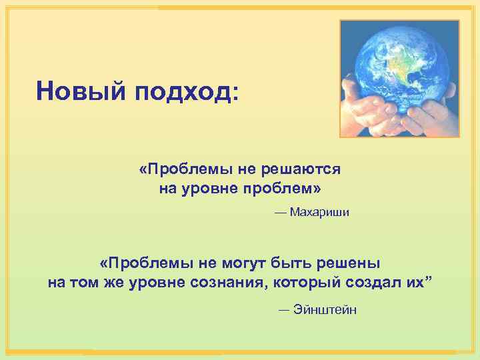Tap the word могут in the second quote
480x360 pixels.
point(234,262)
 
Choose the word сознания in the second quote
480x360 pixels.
point(230,281)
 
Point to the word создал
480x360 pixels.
point(373,281)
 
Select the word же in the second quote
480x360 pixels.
point(113,281)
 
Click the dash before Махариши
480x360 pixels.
point(279,213)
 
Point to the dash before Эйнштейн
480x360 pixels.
point(284,309)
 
